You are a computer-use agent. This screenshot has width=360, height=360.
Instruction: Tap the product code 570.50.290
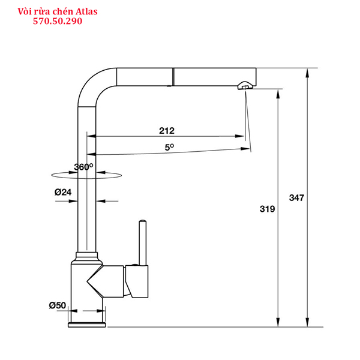(x=58, y=21)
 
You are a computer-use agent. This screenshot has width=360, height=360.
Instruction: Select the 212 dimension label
(x=167, y=131)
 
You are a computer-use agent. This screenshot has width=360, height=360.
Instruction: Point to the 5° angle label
(x=169, y=147)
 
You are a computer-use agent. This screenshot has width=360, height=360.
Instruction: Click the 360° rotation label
(x=83, y=167)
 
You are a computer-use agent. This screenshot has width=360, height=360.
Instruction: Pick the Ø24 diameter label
(x=63, y=192)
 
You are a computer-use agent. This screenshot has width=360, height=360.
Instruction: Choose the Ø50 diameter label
(x=58, y=305)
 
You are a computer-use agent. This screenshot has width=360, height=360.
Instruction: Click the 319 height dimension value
(x=267, y=209)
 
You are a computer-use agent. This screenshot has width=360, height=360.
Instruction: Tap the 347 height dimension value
(x=296, y=197)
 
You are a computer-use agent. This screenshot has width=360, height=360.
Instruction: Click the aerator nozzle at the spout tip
(x=245, y=85)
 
